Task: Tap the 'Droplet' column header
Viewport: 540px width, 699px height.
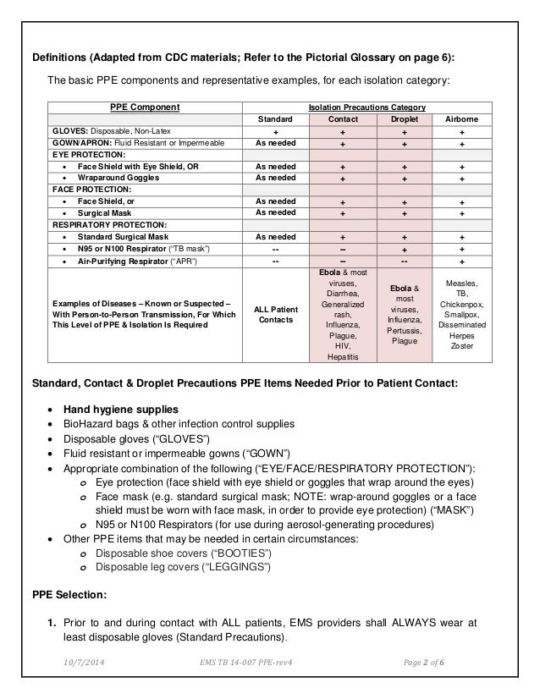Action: point(402,120)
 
